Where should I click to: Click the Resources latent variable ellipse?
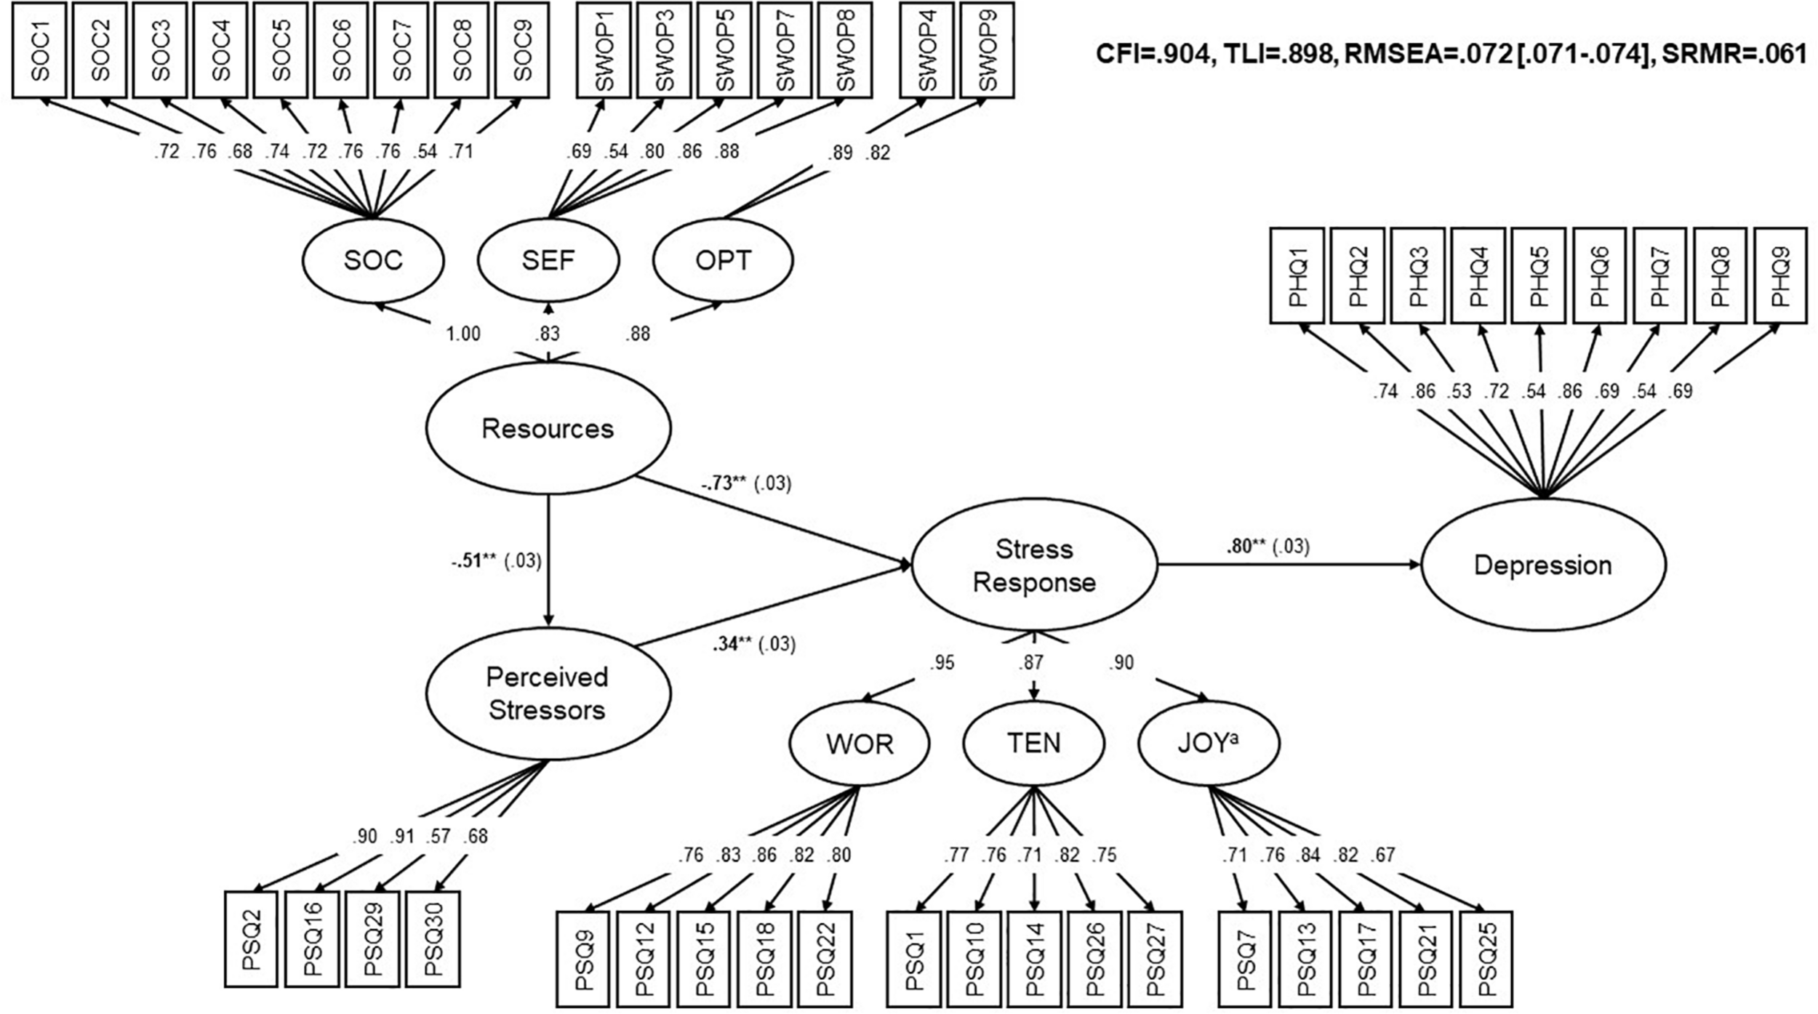(548, 428)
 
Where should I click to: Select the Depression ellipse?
(1542, 565)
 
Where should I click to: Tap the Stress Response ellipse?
(1033, 565)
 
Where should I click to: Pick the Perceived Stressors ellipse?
(548, 693)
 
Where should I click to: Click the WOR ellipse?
(859, 744)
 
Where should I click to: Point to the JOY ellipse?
(1207, 743)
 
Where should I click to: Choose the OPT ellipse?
(723, 260)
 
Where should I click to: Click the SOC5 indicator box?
(281, 49)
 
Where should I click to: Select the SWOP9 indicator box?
(987, 49)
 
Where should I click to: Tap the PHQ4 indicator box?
(1478, 275)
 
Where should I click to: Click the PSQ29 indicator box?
(372, 938)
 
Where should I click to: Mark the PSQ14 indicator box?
(1033, 959)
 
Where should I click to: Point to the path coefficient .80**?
(1246, 546)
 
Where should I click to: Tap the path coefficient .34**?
(732, 644)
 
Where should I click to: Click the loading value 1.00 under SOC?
(462, 334)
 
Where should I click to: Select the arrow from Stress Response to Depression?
(1287, 564)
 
